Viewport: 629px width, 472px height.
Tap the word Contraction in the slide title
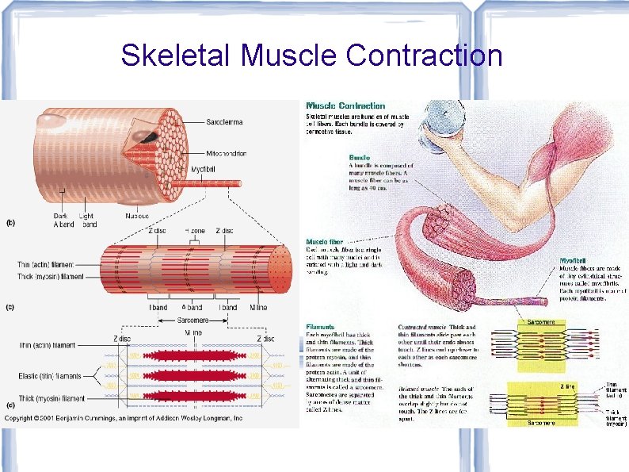pyautogui.click(x=424, y=56)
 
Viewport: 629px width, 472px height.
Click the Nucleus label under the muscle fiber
pyautogui.click(x=138, y=215)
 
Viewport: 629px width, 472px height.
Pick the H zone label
pyautogui.click(x=195, y=231)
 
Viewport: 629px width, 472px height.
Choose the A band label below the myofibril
pyautogui.click(x=192, y=307)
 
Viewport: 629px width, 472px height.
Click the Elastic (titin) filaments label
pyautogui.click(x=51, y=374)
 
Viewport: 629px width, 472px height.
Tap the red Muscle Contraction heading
pyautogui.click(x=346, y=106)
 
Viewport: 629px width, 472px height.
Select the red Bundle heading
pyautogui.click(x=360, y=157)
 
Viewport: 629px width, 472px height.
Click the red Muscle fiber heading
pyautogui.click(x=324, y=242)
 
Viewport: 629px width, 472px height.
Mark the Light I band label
pyautogui.click(x=88, y=220)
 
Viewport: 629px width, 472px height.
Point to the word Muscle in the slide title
pyautogui.click(x=288, y=56)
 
